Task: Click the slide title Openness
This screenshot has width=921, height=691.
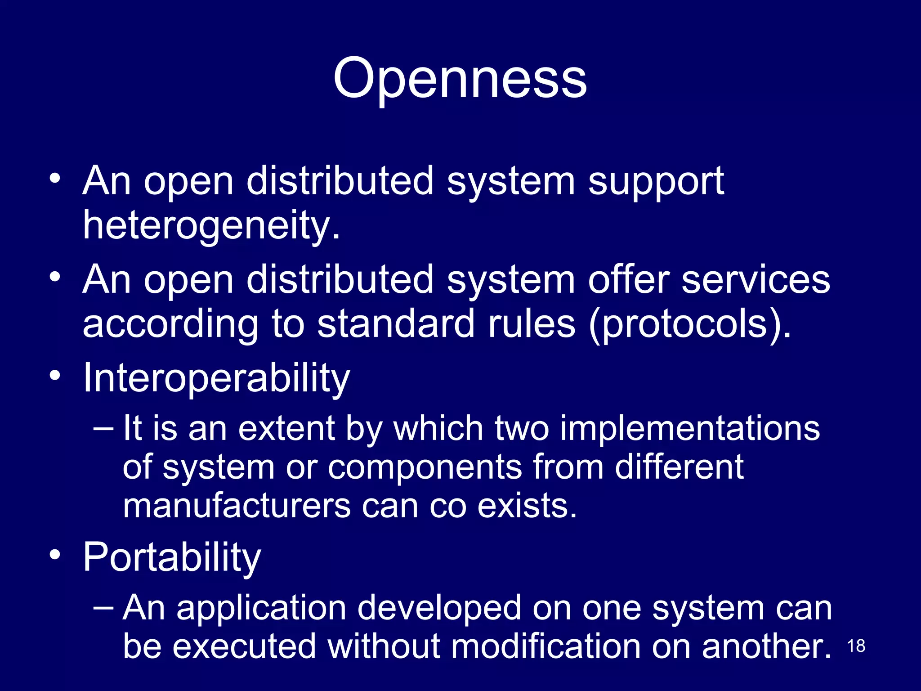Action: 460,79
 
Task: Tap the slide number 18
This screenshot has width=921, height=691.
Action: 856,646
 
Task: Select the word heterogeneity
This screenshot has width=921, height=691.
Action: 210,225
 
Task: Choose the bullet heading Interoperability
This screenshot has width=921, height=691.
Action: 216,378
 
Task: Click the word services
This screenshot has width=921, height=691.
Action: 756,280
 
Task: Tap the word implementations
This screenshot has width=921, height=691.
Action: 690,428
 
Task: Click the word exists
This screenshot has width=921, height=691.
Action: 527,506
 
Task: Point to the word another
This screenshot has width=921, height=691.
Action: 766,647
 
